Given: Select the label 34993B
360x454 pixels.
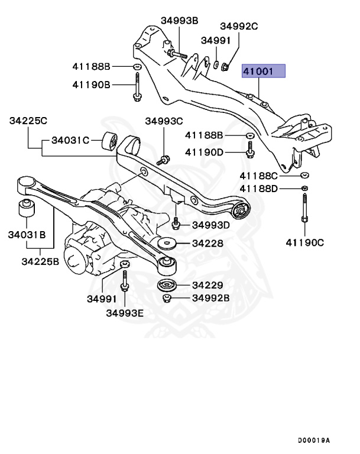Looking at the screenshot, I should (179, 21).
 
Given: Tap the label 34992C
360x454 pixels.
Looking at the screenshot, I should (239, 26).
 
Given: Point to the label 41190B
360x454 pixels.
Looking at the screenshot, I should (92, 85).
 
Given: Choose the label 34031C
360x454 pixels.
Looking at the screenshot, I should (70, 140).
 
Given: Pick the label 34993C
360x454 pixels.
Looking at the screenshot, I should (164, 121).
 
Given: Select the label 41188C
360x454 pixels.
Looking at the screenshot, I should (258, 176).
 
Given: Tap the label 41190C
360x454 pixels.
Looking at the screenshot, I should (305, 242).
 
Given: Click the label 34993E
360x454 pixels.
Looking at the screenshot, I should (125, 313).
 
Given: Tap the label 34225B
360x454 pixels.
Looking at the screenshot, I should (40, 260).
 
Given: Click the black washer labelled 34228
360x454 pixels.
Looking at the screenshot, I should (169, 244).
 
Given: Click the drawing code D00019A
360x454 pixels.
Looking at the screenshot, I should (314, 440).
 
